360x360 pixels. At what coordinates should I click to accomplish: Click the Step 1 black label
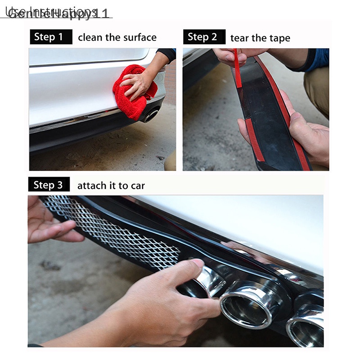coord(51,37)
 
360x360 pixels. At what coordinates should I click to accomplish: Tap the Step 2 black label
coord(204,37)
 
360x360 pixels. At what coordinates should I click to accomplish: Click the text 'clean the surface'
coord(117,37)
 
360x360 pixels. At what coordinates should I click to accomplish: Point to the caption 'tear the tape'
coord(260,38)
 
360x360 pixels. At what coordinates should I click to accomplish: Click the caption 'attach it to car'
coord(111,185)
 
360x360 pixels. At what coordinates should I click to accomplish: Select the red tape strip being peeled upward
coord(237,67)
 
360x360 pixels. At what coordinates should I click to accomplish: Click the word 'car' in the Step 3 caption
coord(136,185)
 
